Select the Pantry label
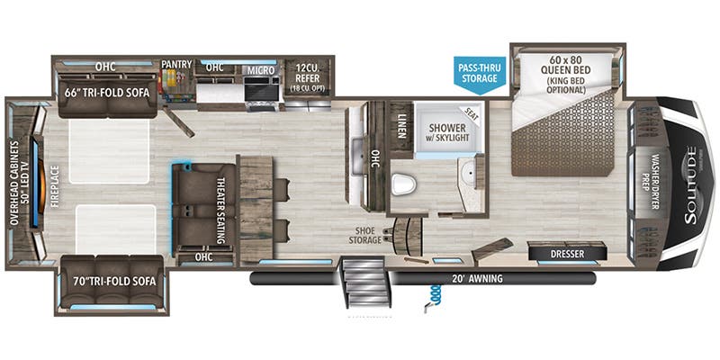coord(177,65)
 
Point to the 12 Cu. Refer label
coord(309,72)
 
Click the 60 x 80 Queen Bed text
coord(564,66)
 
